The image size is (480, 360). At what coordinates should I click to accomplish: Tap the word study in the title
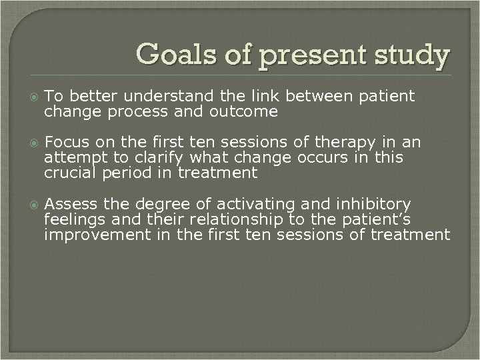414,55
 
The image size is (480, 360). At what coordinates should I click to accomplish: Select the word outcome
244,112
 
